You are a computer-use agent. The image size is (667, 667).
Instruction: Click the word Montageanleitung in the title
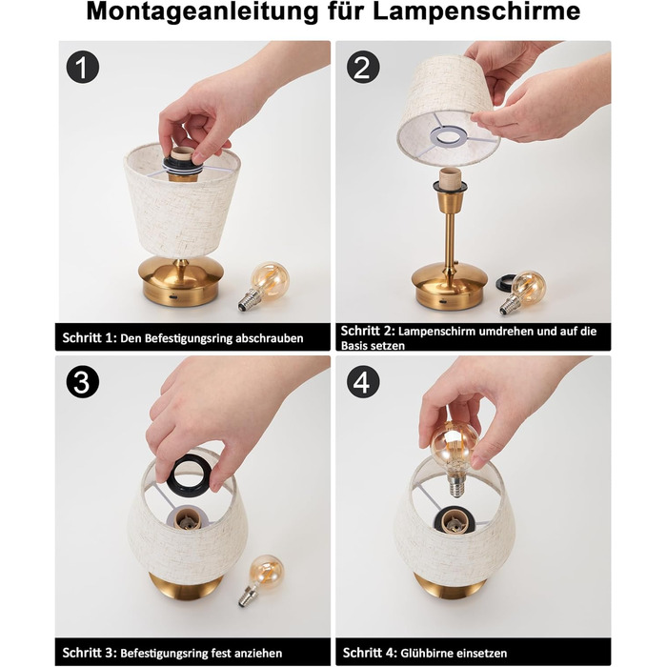click(202, 11)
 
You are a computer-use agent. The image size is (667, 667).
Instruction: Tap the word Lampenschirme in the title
click(476, 11)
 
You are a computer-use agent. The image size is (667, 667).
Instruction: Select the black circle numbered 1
click(83, 67)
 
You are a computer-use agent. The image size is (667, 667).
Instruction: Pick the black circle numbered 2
click(363, 67)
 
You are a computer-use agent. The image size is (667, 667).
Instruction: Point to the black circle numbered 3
click(83, 381)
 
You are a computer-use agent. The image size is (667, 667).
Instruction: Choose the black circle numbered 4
click(363, 381)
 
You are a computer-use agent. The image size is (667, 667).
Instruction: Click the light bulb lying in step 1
click(263, 286)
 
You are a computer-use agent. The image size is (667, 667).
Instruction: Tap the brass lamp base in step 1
click(181, 281)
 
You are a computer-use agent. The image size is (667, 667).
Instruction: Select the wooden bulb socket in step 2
click(450, 180)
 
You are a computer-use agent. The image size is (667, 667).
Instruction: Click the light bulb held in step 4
click(455, 457)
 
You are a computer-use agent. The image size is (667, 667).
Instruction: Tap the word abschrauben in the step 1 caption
click(270, 338)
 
